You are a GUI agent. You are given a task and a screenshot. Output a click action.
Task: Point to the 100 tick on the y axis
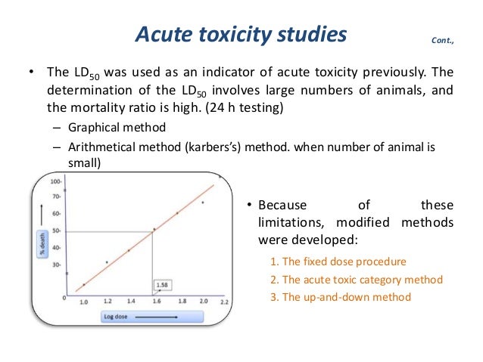point(55,182)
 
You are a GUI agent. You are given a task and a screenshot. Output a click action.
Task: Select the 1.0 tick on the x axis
point(83,302)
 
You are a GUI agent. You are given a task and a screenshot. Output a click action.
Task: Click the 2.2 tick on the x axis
point(224,302)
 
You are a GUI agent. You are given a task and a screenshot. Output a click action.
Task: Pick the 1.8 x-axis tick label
point(182,301)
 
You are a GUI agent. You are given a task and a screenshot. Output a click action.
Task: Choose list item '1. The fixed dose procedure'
point(338,261)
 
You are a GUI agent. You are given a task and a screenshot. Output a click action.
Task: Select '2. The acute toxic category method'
point(356,279)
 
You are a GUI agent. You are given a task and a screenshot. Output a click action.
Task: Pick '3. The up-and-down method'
point(340,297)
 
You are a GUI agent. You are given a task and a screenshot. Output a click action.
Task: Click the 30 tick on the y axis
point(55,265)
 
